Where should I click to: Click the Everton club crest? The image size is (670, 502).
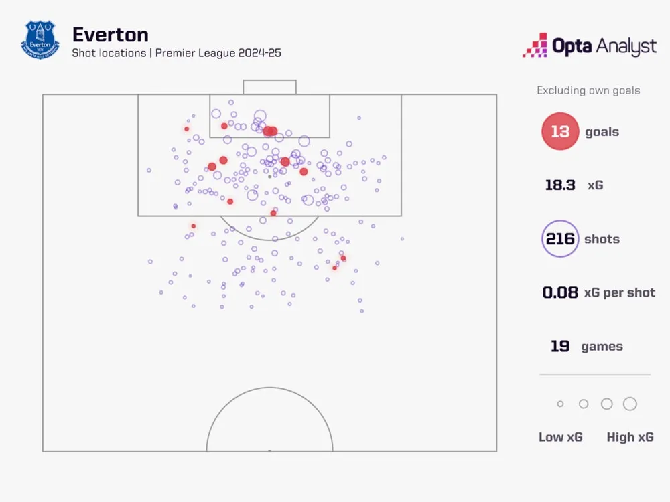40,39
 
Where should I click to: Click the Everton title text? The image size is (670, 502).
111,34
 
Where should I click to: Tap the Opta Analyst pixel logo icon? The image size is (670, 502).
535,46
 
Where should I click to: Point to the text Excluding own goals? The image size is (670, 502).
588,90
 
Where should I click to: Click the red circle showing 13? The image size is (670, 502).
560,131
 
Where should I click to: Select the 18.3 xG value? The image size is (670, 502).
560,185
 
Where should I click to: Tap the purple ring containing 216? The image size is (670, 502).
560,239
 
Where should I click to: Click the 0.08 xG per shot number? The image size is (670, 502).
560,292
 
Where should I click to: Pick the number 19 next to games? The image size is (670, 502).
560,347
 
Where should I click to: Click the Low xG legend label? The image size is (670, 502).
561,437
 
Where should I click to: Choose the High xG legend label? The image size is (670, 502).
630,437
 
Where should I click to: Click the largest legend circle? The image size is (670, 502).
630,404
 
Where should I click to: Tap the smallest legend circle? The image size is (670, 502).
561,404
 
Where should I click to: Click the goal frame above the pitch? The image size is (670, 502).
269,87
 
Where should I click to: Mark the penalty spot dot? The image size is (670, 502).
269,177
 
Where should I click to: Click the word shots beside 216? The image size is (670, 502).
602,239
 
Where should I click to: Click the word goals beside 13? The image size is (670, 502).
602,132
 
